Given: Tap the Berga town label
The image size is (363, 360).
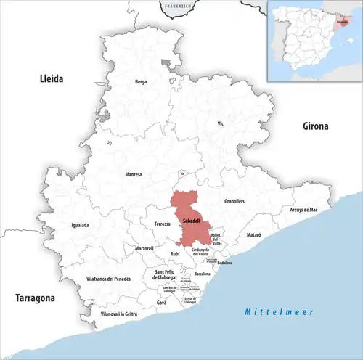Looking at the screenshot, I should [x=141, y=82].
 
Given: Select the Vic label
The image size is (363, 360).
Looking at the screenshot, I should [x=221, y=124].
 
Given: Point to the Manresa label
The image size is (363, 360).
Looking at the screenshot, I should [x=133, y=175].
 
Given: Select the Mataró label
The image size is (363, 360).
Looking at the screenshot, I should [x=253, y=236].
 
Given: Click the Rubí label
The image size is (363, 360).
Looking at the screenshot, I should [x=174, y=253].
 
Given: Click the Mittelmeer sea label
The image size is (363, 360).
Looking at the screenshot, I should [x=278, y=311].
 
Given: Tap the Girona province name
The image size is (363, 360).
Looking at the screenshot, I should [x=316, y=126].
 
